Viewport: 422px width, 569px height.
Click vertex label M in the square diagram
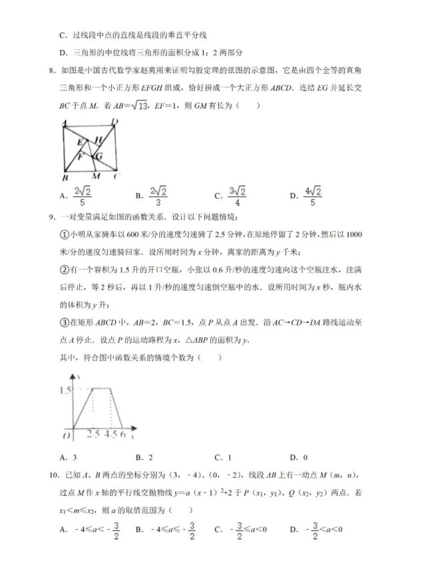[97, 177]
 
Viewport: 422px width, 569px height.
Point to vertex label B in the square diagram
[65, 178]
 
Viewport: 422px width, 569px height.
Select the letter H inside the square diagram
[98, 139]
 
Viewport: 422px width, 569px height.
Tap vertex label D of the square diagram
[114, 122]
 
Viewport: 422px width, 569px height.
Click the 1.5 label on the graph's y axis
[65, 390]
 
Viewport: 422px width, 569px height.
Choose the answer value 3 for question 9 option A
[74, 457]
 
